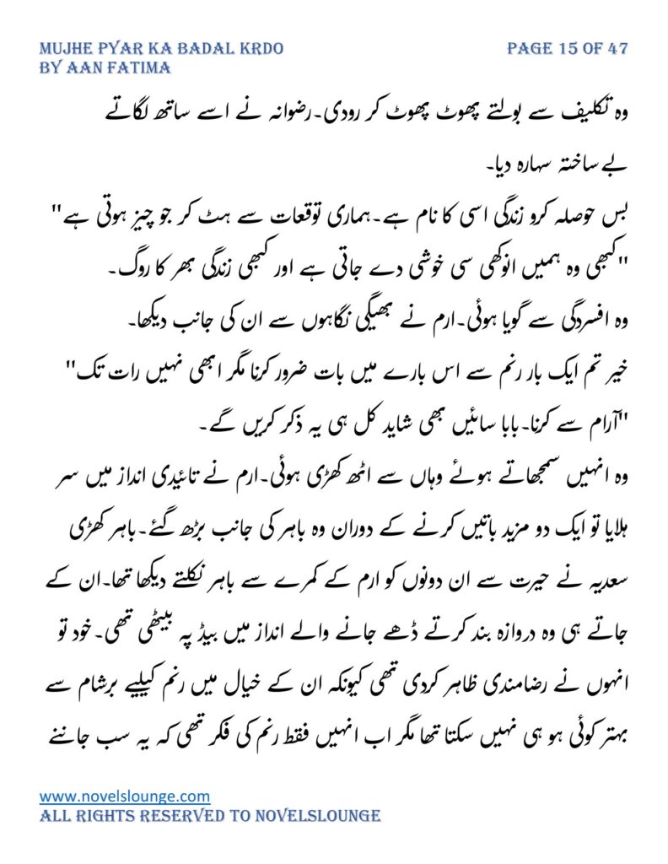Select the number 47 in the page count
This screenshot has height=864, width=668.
617,48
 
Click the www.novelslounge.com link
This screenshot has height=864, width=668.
125,796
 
